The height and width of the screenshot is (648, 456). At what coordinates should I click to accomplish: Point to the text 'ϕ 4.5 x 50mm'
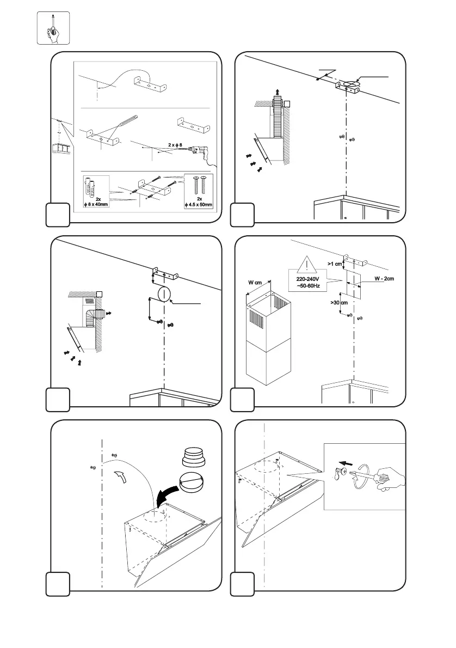tap(199, 205)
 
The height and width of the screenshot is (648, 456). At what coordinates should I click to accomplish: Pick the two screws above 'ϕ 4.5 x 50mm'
tap(199, 186)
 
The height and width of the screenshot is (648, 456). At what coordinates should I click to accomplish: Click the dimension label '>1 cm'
tap(335, 264)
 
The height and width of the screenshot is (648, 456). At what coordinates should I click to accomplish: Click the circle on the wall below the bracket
tap(163, 294)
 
